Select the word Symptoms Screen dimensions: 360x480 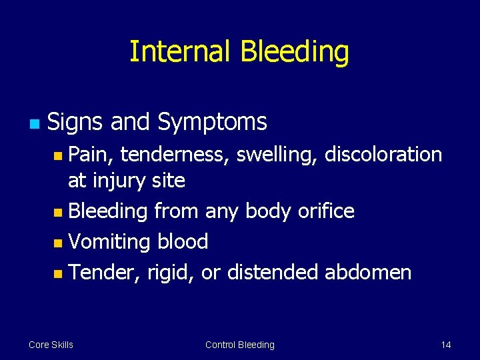pos(212,122)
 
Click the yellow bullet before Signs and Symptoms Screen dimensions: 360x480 pos(34,123)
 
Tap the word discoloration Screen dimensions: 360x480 pos(383,155)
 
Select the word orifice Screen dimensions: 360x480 pos(327,211)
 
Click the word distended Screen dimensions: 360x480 pos(273,272)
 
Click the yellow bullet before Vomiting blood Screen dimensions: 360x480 pos(59,243)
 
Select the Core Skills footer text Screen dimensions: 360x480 pos(51,345)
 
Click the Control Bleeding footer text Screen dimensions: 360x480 pos(239,345)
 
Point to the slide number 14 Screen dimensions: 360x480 pos(446,345)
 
